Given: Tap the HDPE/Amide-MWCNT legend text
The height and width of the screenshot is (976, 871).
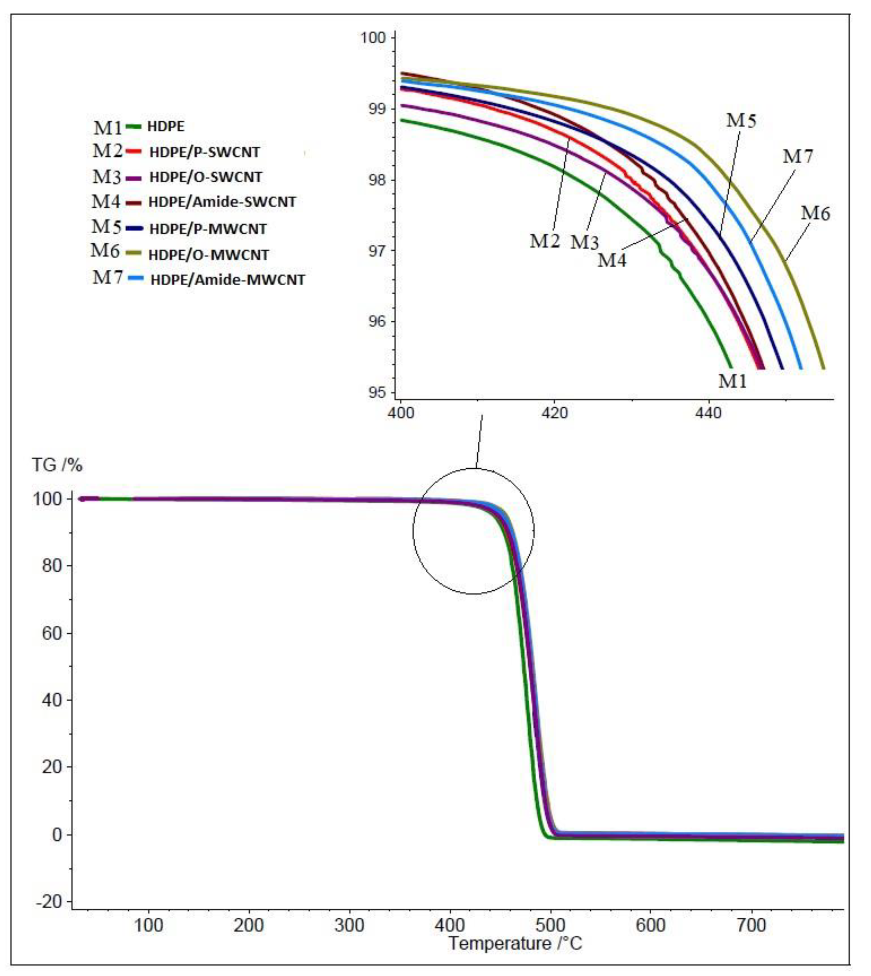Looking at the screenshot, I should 228,280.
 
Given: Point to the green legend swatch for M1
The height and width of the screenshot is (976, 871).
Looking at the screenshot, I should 134,127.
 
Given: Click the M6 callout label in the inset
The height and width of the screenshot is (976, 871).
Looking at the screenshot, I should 815,213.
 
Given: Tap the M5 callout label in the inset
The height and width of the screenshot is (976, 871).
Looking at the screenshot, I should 741,121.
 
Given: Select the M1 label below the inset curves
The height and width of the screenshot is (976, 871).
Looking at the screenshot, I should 732,381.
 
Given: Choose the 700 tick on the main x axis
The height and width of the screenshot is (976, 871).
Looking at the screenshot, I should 751,925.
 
